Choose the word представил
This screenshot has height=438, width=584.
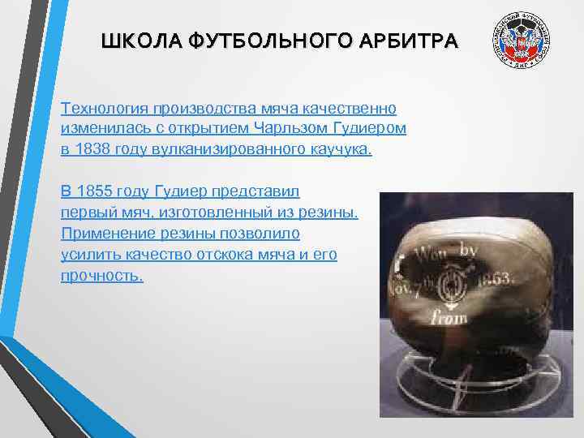pyautogui.click(x=255, y=191)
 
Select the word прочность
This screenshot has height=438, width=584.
pyautogui.click(x=101, y=276)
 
